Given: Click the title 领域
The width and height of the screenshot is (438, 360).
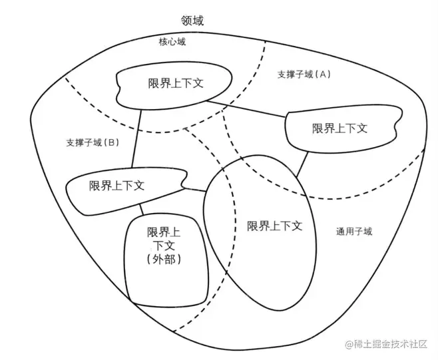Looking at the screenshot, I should tap(192, 21).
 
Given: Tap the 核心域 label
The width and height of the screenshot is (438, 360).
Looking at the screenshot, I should tap(172, 42).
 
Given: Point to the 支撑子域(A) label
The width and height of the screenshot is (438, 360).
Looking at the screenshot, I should tap(304, 75).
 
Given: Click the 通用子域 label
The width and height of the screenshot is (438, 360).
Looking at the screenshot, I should tap(354, 232).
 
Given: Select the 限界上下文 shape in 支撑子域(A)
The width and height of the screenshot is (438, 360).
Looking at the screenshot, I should tap(339, 128).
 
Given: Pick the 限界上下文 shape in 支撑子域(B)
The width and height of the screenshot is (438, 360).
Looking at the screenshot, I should tap(117, 187).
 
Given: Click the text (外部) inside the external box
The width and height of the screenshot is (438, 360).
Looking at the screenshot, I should tap(163, 260).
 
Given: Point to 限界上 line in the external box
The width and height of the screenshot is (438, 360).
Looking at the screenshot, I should tap(163, 232).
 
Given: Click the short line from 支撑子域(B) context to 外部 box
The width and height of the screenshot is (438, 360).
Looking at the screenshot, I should tap(142, 212).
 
